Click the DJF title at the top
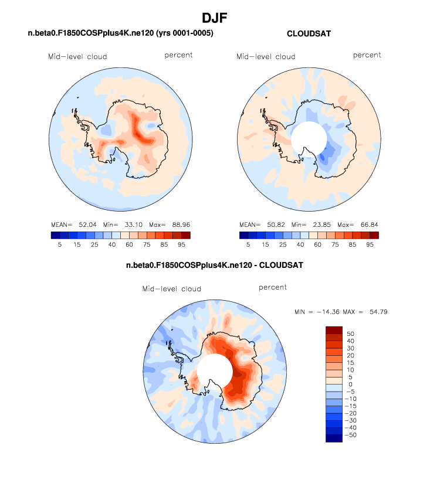click(215, 18)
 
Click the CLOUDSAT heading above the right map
click(309, 34)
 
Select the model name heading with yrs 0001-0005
click(120, 33)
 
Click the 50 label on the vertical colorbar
click(350, 334)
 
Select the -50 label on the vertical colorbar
click(352, 435)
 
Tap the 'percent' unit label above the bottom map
click(273, 288)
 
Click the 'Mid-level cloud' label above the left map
click(77, 57)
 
